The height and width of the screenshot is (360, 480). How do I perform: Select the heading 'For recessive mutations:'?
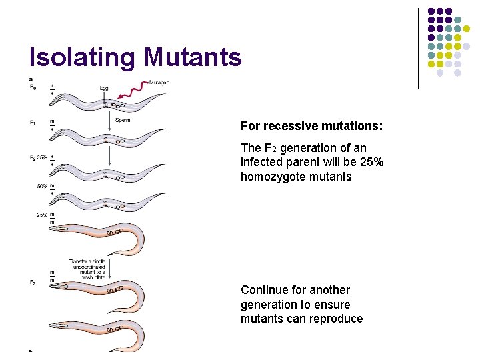311,126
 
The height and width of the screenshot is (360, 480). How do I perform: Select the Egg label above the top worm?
104,87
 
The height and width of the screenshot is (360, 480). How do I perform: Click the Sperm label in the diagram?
123,121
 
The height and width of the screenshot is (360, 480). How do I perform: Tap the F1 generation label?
33,122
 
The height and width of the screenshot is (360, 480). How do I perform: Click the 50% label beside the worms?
42,186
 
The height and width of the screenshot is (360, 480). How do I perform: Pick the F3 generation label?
33,282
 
